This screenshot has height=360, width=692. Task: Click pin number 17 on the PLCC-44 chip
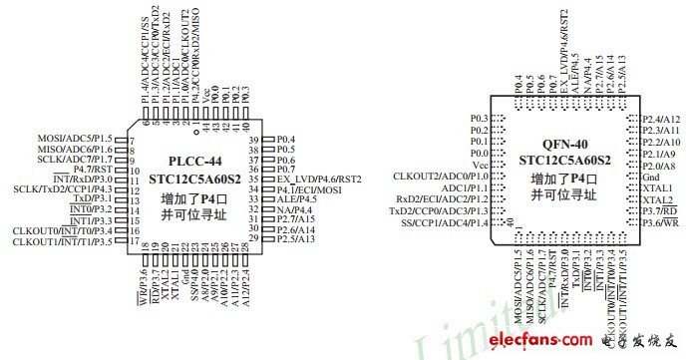(133, 240)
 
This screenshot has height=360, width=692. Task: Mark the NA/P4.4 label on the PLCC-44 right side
(295, 209)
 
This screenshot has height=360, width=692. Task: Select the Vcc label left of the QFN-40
(479, 165)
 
